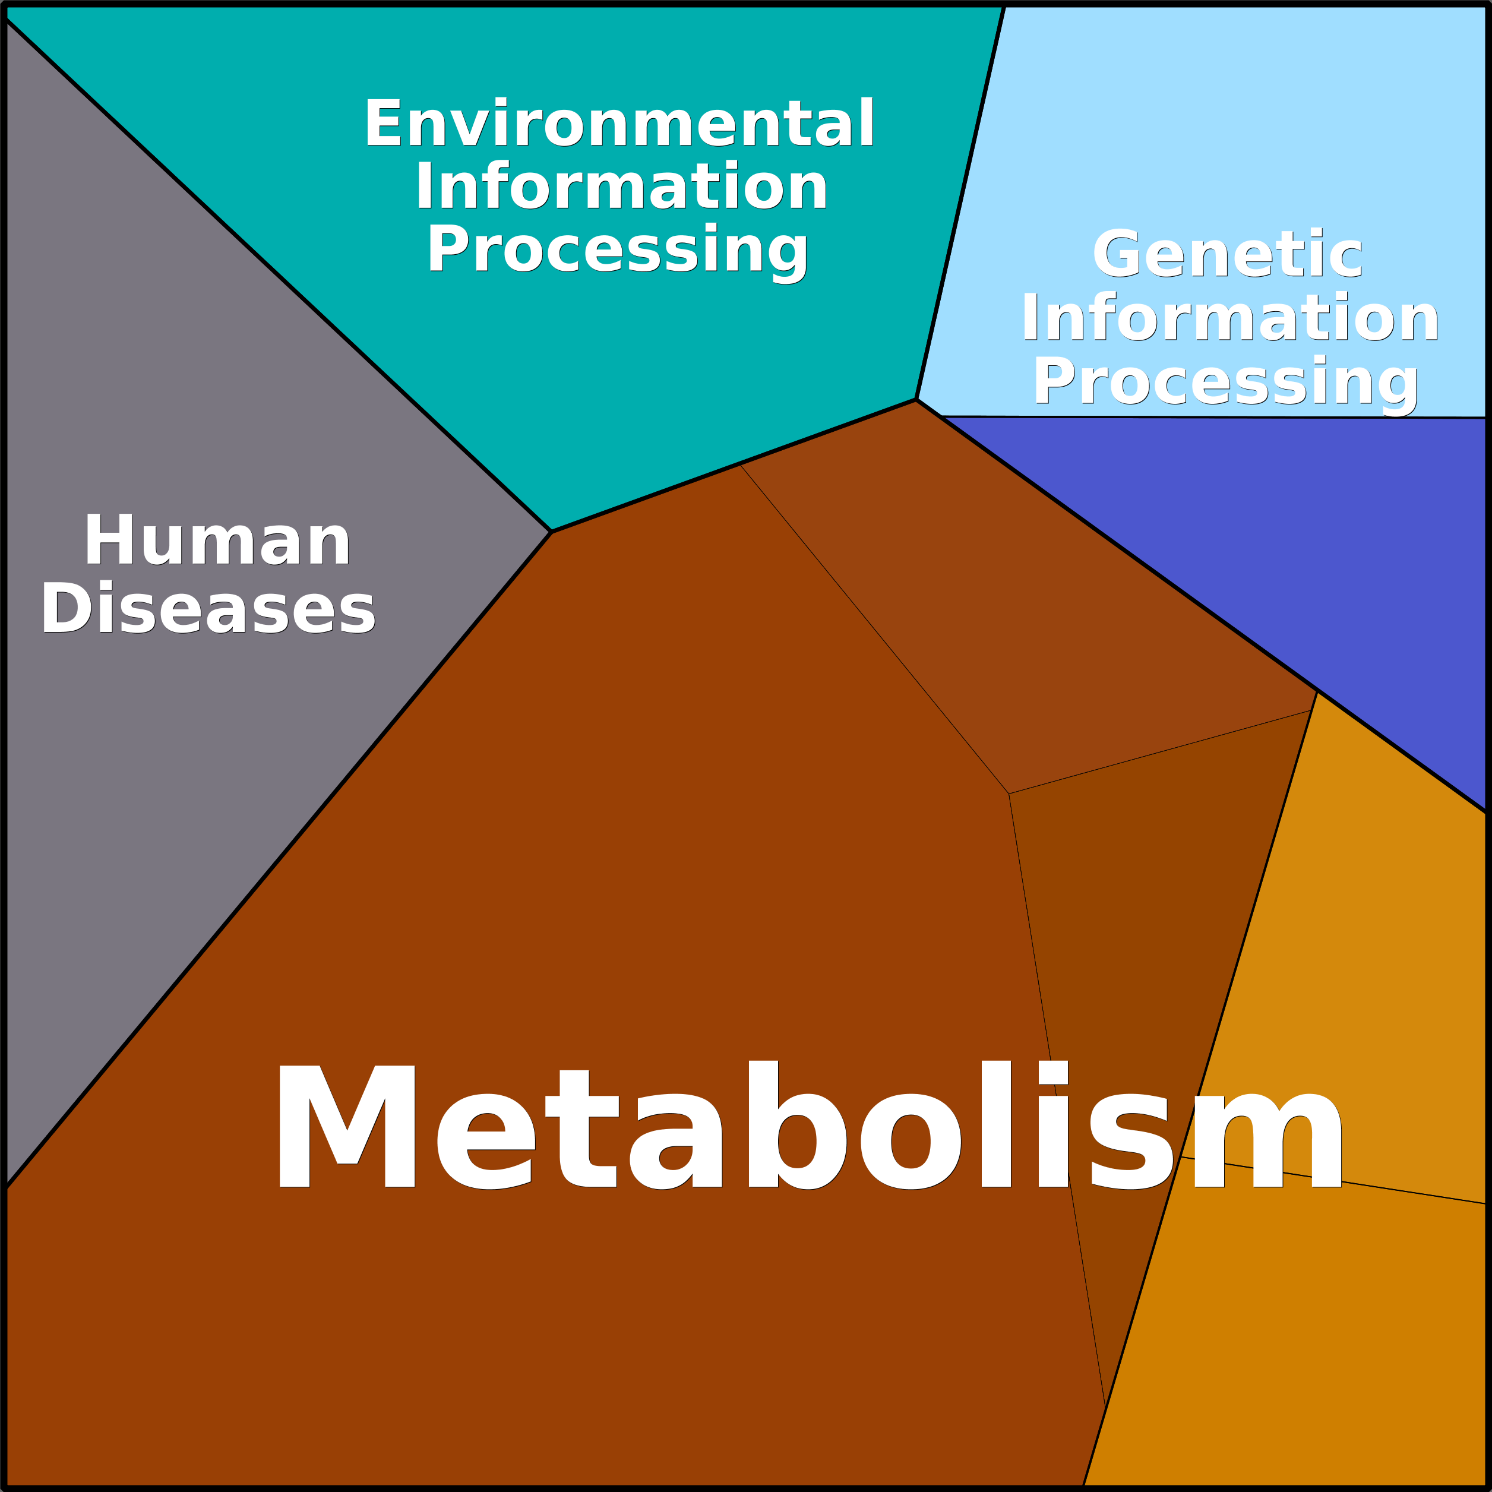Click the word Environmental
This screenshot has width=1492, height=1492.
coord(619,122)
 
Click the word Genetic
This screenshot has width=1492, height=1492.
coord(1228,252)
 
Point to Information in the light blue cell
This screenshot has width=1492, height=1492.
coord(1230,317)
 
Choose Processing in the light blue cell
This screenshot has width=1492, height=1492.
coord(1227,383)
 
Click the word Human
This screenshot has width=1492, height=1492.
coord(218,540)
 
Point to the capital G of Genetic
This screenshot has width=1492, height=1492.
coord(1117,252)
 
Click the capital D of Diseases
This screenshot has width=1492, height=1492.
coord(67,608)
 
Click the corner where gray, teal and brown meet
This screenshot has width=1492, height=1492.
coord(551,532)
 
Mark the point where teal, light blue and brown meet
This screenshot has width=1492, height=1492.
coord(916,399)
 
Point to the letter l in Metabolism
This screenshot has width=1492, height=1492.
coord(995,1124)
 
